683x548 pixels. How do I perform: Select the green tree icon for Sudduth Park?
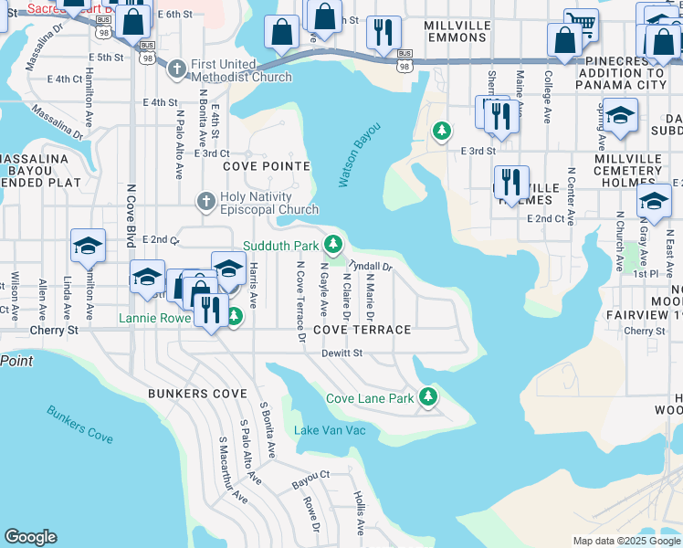pos(334,244)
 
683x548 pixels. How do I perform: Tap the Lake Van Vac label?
pos(330,429)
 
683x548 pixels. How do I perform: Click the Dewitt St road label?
pos(344,353)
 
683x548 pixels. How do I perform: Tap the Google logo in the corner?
pos(30,537)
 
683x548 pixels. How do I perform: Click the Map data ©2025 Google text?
pos(625,541)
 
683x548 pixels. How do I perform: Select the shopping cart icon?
pos(581,24)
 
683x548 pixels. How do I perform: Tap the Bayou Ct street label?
pos(310,476)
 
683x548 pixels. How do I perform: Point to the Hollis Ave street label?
pos(359,513)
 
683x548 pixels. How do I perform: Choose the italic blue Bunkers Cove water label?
pos(80,424)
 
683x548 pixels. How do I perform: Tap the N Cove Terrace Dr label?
pos(299,301)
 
